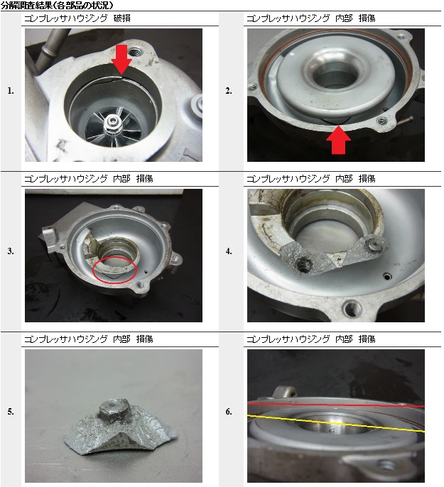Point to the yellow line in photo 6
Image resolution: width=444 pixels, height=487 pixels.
(336, 423)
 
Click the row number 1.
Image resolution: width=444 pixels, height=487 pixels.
(11, 91)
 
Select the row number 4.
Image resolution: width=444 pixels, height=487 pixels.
(229, 251)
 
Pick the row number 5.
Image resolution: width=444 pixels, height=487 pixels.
(11, 412)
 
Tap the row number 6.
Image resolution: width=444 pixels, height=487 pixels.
(229, 412)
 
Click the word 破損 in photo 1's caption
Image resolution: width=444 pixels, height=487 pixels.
(121, 18)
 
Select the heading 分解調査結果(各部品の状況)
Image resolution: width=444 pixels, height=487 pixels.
(57, 5)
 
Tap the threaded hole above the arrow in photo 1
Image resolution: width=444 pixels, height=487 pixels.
(134, 52)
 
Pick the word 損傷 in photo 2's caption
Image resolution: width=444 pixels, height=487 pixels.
(367, 18)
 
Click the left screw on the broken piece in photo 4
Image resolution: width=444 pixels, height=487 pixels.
(303, 266)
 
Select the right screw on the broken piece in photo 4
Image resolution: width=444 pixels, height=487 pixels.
(374, 245)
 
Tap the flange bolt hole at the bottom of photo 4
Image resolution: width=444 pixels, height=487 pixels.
(352, 308)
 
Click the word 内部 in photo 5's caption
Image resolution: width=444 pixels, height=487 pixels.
(121, 339)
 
